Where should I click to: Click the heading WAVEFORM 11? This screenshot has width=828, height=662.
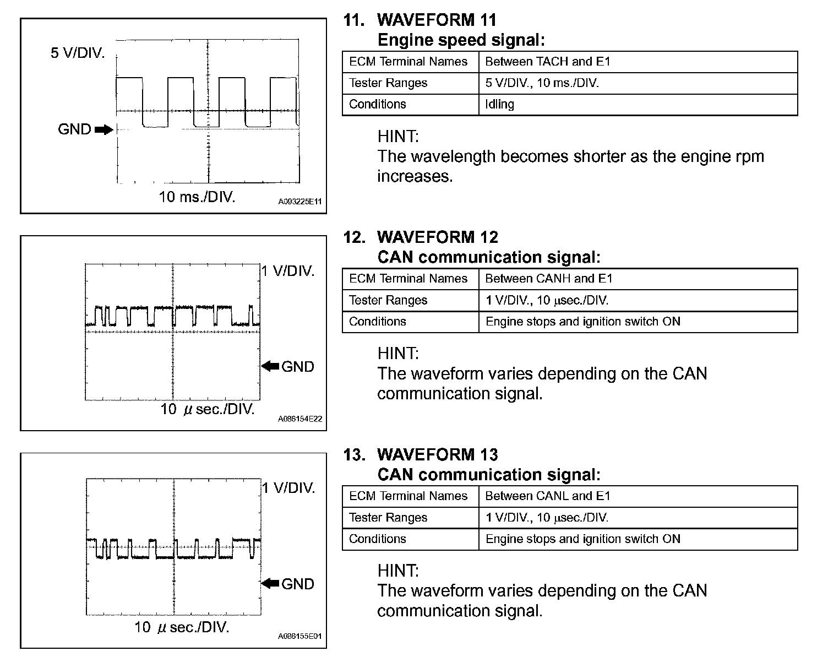click(437, 20)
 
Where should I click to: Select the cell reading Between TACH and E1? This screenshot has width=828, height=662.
click(548, 62)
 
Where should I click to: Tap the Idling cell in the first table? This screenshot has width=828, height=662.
click(499, 104)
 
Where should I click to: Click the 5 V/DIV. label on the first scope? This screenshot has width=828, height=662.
click(78, 53)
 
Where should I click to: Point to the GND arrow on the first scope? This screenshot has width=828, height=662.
click(103, 130)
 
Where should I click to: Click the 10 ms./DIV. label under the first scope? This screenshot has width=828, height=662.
click(197, 197)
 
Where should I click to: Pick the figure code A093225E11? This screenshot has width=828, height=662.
click(299, 202)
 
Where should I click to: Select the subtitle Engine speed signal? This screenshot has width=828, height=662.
click(461, 40)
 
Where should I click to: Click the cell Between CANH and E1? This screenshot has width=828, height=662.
click(549, 279)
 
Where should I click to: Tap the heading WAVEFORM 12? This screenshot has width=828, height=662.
click(437, 237)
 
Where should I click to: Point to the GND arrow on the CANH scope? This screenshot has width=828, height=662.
click(270, 366)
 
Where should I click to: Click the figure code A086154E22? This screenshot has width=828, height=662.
click(299, 419)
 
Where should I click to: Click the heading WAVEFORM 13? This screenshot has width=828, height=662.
click(437, 454)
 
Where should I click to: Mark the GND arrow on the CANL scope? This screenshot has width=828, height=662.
click(270, 583)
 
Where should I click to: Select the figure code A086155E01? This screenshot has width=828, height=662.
click(299, 636)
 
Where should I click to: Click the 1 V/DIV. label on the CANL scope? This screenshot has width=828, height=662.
click(288, 488)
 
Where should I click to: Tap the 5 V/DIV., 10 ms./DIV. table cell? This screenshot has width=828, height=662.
click(542, 83)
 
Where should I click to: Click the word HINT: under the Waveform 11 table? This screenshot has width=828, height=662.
click(398, 136)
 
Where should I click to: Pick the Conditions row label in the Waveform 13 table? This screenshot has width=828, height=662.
click(378, 539)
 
